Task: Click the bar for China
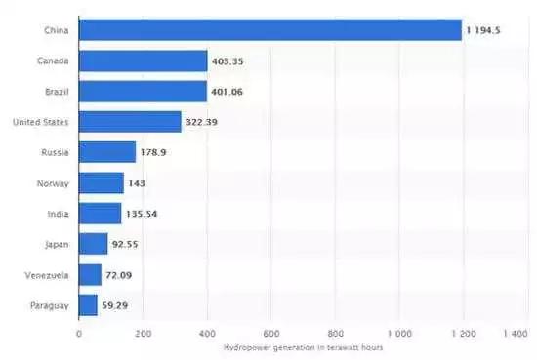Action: pyautogui.click(x=269, y=30)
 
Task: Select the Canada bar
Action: pyautogui.click(x=143, y=61)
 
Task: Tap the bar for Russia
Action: pyautogui.click(x=106, y=152)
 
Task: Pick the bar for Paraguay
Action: pyautogui.click(x=88, y=304)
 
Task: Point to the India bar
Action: pyautogui.click(x=100, y=214)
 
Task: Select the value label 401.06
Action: pyautogui.click(x=229, y=92)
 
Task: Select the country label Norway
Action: pyautogui.click(x=53, y=183)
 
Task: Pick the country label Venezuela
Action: pyautogui.click(x=47, y=274)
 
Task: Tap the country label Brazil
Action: pyautogui.click(x=56, y=92)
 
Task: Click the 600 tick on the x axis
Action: pyautogui.click(x=271, y=333)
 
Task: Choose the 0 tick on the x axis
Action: pyautogui.click(x=79, y=333)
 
